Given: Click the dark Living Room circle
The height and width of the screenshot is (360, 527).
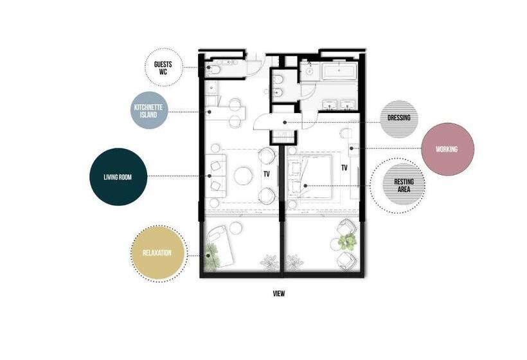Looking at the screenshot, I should pyautogui.click(x=118, y=176).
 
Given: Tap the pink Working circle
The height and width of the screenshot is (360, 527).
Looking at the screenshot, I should pyautogui.click(x=447, y=149).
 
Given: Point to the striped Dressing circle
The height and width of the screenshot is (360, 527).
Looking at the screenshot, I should pyautogui.click(x=399, y=118).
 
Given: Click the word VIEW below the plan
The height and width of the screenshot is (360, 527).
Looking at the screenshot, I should pyautogui.click(x=278, y=294).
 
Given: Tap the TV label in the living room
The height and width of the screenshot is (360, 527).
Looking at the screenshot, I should pyautogui.click(x=266, y=174).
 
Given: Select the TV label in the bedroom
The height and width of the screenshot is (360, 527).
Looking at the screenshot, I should pyautogui.click(x=344, y=168).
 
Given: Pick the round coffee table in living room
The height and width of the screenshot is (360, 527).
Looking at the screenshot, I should pyautogui.click(x=243, y=175).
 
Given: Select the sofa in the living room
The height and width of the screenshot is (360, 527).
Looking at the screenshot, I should pyautogui.click(x=215, y=175).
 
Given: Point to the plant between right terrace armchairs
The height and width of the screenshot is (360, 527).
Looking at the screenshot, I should pyautogui.click(x=348, y=242).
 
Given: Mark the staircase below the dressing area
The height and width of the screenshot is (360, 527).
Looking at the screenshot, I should pyautogui.click(x=281, y=136).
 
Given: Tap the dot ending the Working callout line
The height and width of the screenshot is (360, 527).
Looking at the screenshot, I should pyautogui.click(x=351, y=148).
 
